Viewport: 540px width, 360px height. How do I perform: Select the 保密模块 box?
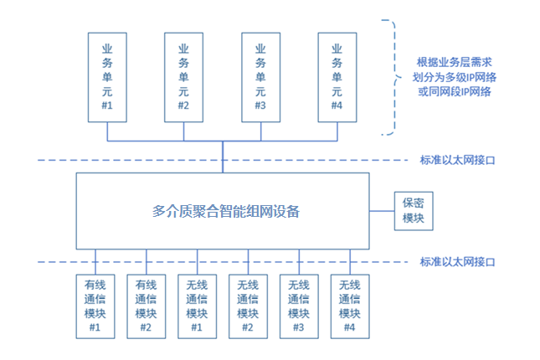tap(414, 211)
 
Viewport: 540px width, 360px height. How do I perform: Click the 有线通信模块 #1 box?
tap(95, 306)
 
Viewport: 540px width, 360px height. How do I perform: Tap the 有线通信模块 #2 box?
tap(146, 306)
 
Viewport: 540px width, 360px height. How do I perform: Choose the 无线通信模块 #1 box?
tap(197, 306)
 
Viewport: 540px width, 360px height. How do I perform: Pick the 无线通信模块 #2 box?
tap(248, 306)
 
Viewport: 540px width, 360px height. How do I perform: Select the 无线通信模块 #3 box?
tap(299, 306)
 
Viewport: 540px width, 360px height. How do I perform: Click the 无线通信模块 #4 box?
tap(350, 306)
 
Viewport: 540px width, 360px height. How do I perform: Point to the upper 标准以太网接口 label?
tap(457, 160)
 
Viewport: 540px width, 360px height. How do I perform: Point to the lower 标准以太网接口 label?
tap(457, 262)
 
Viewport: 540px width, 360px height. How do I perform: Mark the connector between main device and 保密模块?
tap(382, 211)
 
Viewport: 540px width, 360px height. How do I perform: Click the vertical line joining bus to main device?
tap(223, 157)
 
